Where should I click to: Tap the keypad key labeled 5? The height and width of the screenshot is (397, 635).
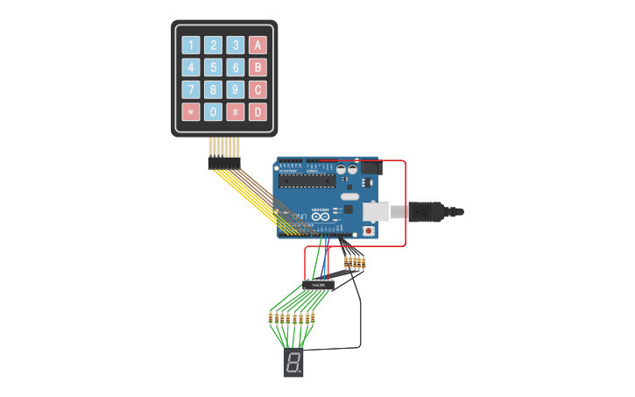click(x=213, y=67)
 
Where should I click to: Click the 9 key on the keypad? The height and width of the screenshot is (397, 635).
click(x=236, y=89)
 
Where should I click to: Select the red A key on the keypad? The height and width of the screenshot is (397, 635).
click(x=258, y=45)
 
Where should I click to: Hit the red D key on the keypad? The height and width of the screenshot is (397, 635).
click(x=258, y=112)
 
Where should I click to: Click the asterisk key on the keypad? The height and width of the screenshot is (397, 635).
click(x=191, y=112)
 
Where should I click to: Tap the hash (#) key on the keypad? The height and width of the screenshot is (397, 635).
click(x=236, y=112)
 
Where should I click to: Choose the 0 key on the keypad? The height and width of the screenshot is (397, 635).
click(x=213, y=112)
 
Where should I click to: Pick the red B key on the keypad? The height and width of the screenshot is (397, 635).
click(x=258, y=67)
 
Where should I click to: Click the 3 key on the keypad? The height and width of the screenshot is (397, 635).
click(x=236, y=45)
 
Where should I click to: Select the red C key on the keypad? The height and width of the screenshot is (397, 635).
click(x=258, y=89)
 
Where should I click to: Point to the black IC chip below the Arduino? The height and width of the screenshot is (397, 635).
click(x=319, y=285)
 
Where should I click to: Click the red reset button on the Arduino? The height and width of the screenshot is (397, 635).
click(x=369, y=230)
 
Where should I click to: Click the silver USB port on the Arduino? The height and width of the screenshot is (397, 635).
click(x=377, y=211)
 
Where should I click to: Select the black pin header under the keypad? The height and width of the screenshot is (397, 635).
click(x=224, y=163)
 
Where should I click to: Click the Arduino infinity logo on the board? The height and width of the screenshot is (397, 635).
click(x=320, y=216)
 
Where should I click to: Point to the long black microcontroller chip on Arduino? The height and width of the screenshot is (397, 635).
click(x=307, y=181)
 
